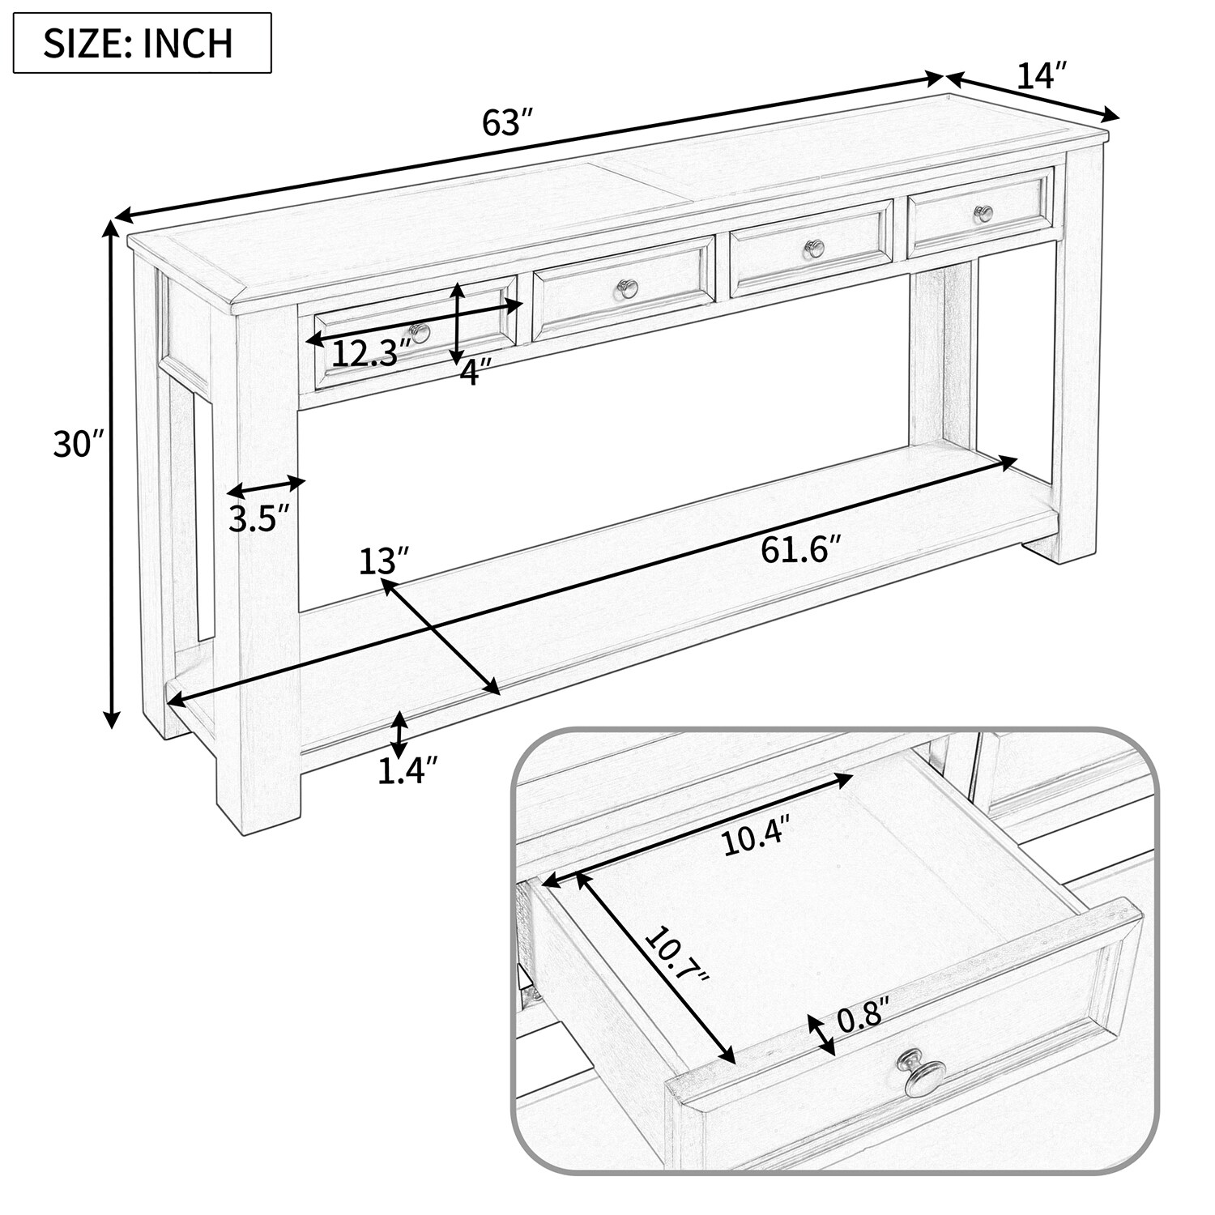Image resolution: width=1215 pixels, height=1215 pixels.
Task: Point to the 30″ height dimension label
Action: tap(79, 444)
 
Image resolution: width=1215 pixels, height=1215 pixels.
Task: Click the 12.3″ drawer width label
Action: tap(367, 354)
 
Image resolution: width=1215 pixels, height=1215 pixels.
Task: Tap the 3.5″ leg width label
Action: tap(258, 518)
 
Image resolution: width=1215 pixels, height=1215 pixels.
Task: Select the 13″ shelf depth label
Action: tap(384, 561)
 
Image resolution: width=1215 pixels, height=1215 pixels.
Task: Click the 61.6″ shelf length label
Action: tap(796, 551)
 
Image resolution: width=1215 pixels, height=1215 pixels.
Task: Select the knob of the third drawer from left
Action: tap(813, 248)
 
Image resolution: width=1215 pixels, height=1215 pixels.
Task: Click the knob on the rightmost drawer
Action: tap(983, 213)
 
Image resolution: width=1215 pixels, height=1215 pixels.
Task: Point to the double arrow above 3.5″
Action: tap(266, 486)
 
